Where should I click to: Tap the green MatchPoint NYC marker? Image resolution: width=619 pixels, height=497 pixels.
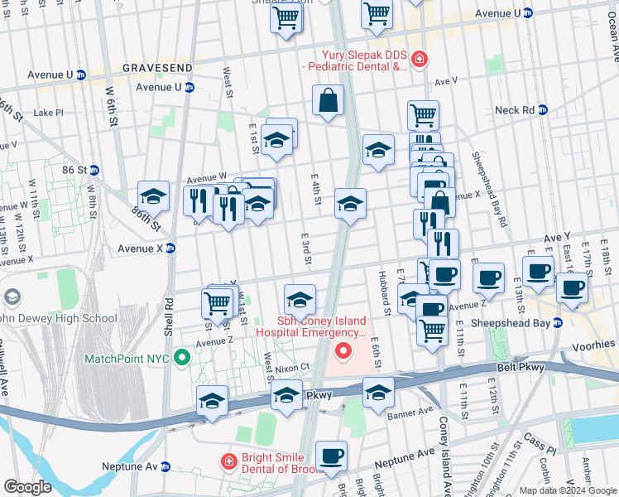click(x=184, y=359)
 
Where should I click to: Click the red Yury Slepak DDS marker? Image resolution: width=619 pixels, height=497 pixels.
click(x=420, y=59)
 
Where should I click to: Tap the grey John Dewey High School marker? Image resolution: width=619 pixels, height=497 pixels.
click(x=12, y=297)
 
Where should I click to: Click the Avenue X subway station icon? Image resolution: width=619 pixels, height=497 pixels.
click(x=171, y=248)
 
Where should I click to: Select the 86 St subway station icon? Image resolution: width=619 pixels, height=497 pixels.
click(x=94, y=170)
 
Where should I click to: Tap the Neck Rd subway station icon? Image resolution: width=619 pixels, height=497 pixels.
click(x=542, y=109)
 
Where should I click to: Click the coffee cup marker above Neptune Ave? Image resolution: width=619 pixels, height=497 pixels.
click(x=331, y=456)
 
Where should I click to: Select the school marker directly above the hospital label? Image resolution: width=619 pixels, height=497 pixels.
click(x=300, y=299)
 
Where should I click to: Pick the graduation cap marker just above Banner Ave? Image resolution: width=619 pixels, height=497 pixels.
click(x=378, y=393)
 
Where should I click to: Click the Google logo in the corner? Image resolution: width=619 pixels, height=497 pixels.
click(x=28, y=487)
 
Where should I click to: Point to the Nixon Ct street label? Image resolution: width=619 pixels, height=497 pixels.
click(x=292, y=366)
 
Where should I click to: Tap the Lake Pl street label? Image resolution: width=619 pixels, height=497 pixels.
click(x=48, y=113)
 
